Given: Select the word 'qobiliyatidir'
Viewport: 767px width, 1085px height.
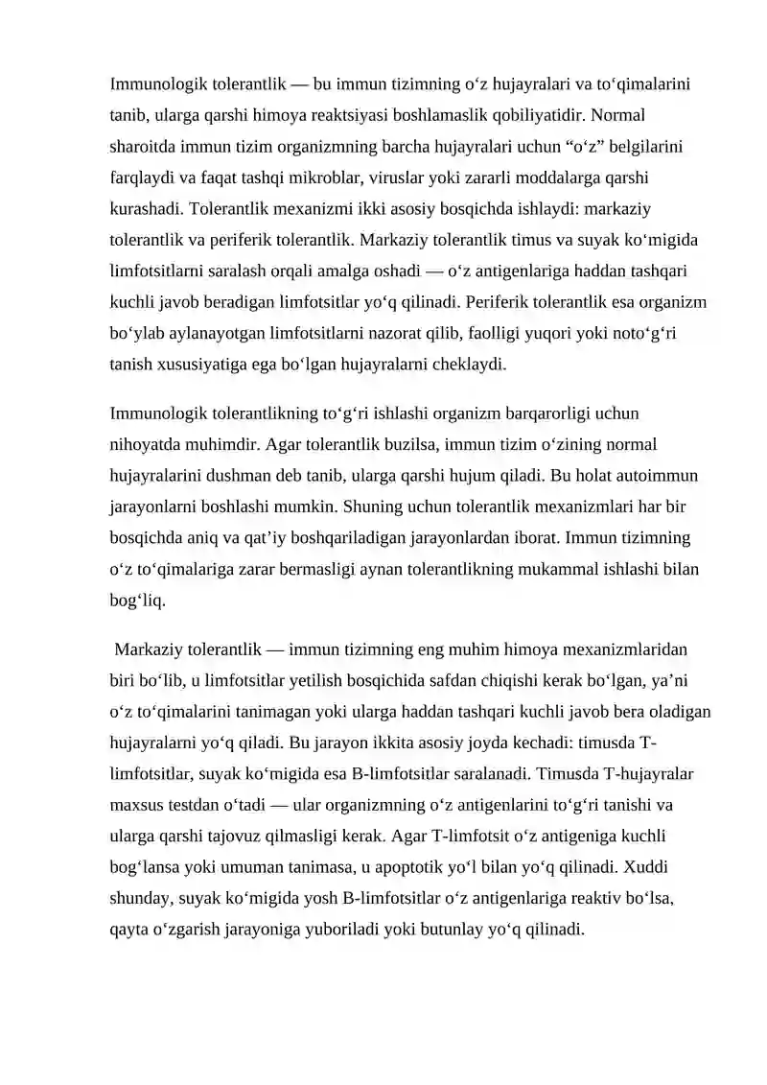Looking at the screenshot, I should [538, 116].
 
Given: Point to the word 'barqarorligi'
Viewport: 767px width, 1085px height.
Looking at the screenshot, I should [523, 413].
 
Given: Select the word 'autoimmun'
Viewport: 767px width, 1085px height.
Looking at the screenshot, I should [663, 475].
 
